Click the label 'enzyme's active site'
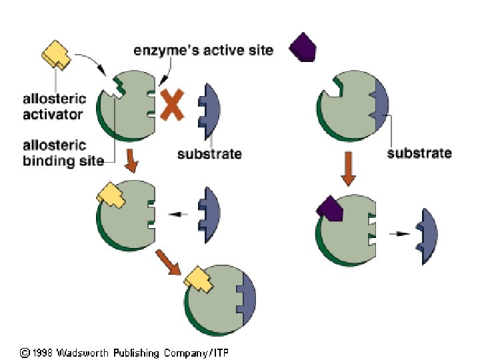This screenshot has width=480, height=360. coord(203,50)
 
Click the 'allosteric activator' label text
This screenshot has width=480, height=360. coord(53,107)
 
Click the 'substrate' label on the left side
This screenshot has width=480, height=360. coord(209,155)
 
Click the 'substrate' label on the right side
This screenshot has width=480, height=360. coord(419,153)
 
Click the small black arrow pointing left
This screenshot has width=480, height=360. coord(178,214)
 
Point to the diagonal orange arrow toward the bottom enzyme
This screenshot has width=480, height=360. coord(168,262)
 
